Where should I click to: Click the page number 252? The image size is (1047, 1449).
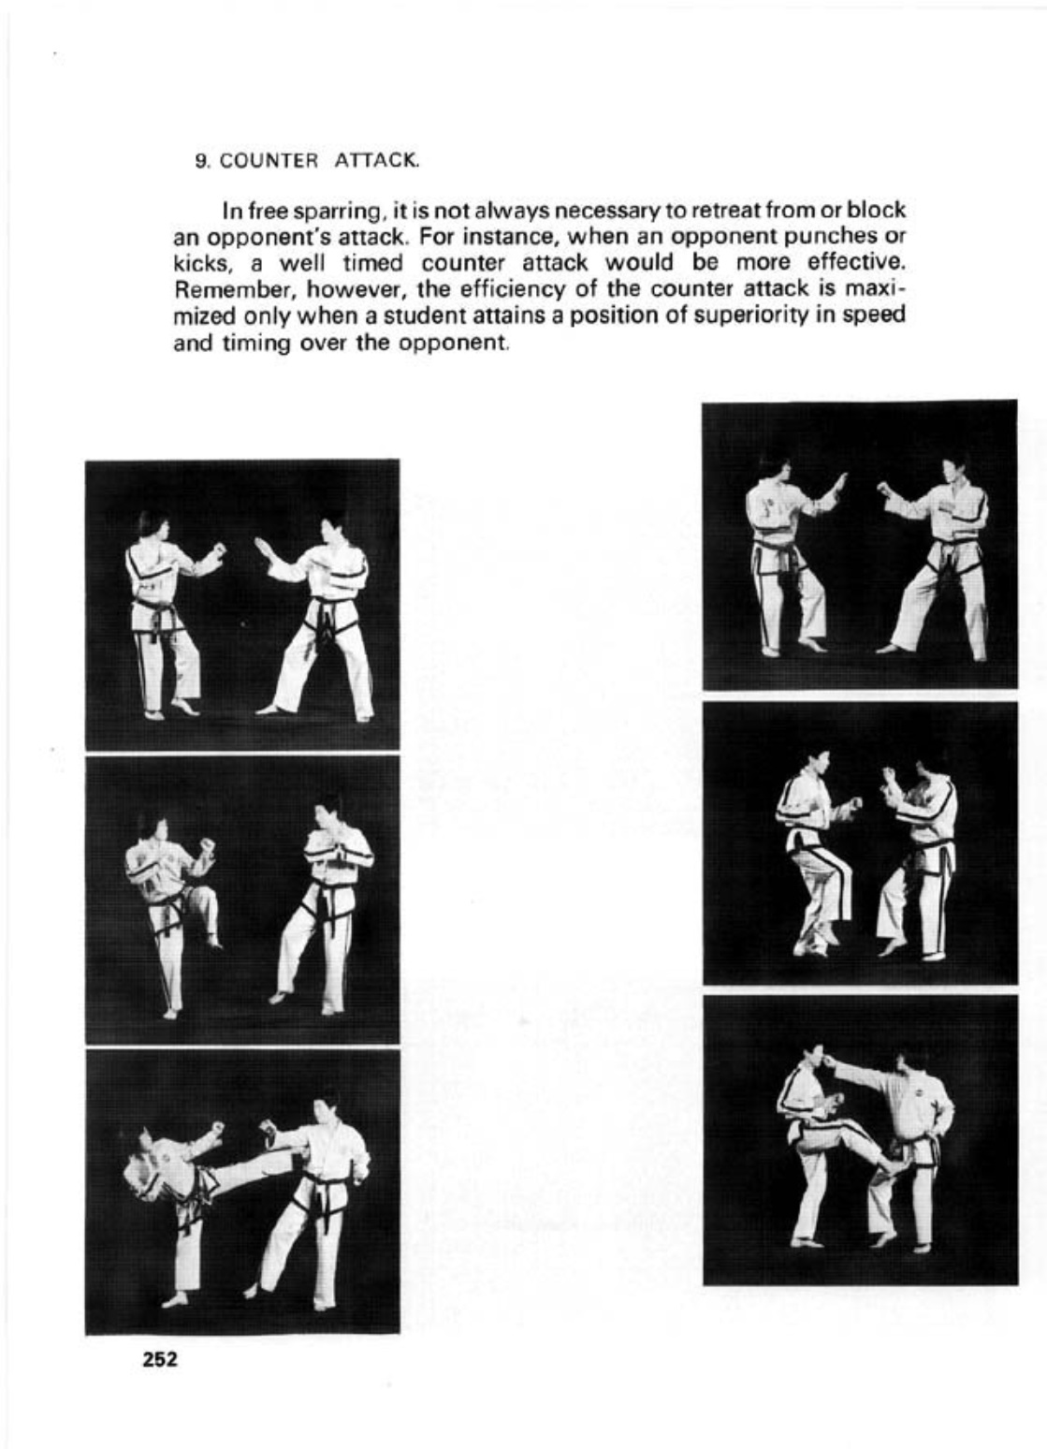pyautogui.click(x=160, y=1359)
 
